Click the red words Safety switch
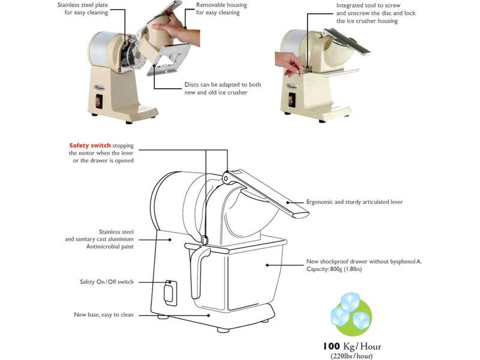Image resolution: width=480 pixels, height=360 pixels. coord(89,145)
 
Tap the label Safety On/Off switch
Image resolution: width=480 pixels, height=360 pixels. coord(107,281)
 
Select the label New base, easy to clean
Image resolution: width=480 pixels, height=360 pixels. coord(104,314)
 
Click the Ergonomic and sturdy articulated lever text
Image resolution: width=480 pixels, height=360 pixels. coord(355,202)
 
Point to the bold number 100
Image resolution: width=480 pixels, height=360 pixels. coord(331,346)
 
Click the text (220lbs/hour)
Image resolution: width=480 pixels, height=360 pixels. coord(352,356)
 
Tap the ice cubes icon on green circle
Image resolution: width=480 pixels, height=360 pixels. coord(352,314)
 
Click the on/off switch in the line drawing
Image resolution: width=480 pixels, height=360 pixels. coord(170,293)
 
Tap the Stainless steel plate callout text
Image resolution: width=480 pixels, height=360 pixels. coord(83,9)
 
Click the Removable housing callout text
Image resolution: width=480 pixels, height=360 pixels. coord(221,9)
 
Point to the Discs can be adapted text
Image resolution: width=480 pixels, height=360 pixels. coord(223,88)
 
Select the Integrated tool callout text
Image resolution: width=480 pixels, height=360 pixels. coord(376,13)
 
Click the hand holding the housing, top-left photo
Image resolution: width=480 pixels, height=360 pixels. coord(176,28)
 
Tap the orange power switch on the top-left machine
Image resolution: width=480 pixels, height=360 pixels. coord(99,101)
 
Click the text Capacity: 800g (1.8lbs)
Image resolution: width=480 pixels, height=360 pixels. coord(334,269)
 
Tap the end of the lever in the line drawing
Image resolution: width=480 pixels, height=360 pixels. coord(302,214)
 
